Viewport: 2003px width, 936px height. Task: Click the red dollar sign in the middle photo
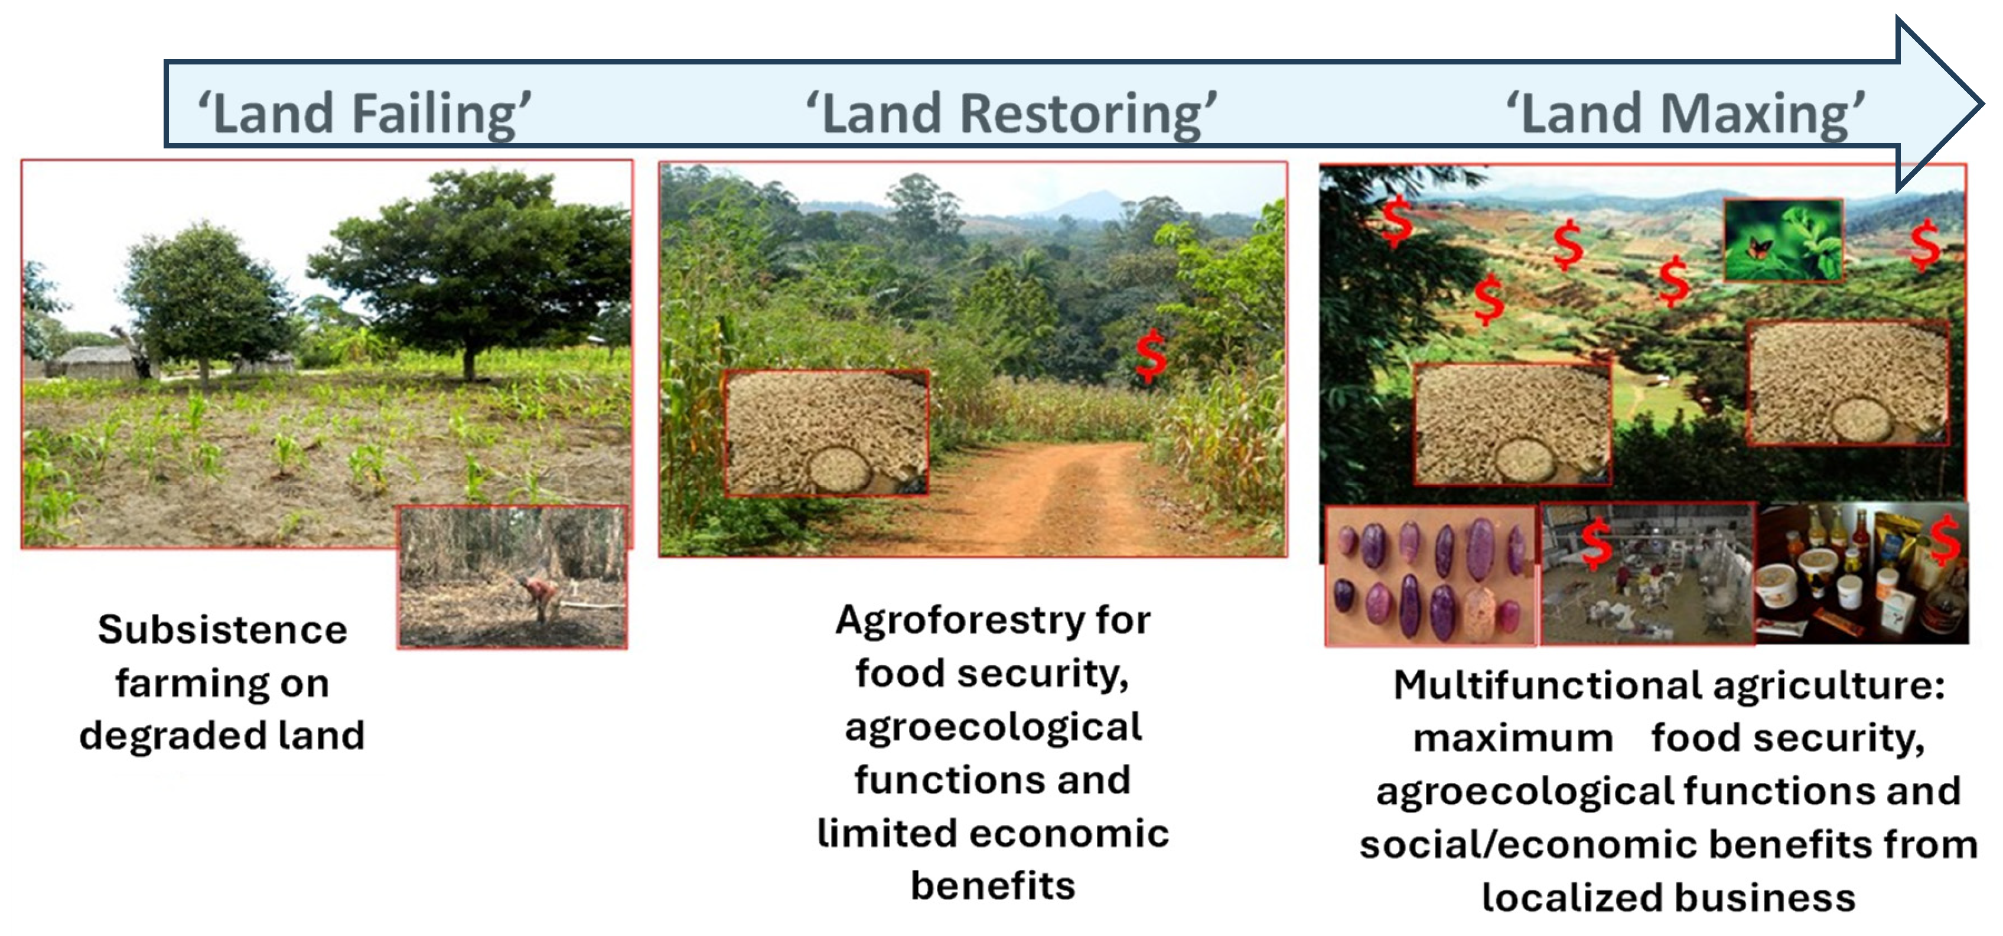coord(1151,355)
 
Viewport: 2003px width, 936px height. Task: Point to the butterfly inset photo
coord(1783,239)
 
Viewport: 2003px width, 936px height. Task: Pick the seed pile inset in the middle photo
coord(826,433)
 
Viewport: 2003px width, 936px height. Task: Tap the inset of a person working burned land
coord(512,577)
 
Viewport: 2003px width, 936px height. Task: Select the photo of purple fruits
coord(1431,576)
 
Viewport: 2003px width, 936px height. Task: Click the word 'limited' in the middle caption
coord(879,833)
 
